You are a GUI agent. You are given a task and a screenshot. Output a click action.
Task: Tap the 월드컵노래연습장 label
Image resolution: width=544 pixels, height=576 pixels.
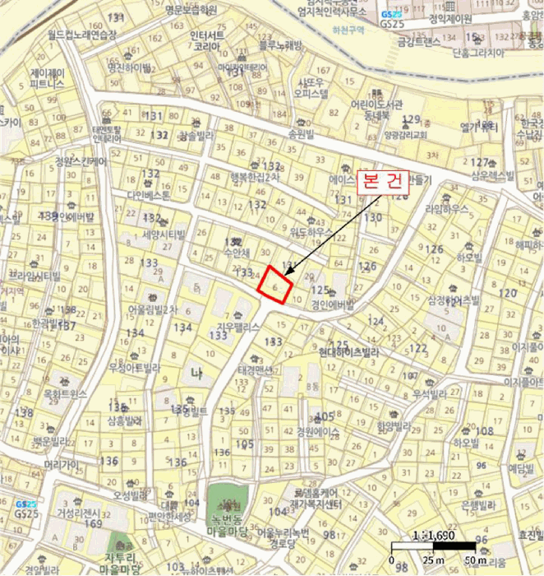pos(81,35)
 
